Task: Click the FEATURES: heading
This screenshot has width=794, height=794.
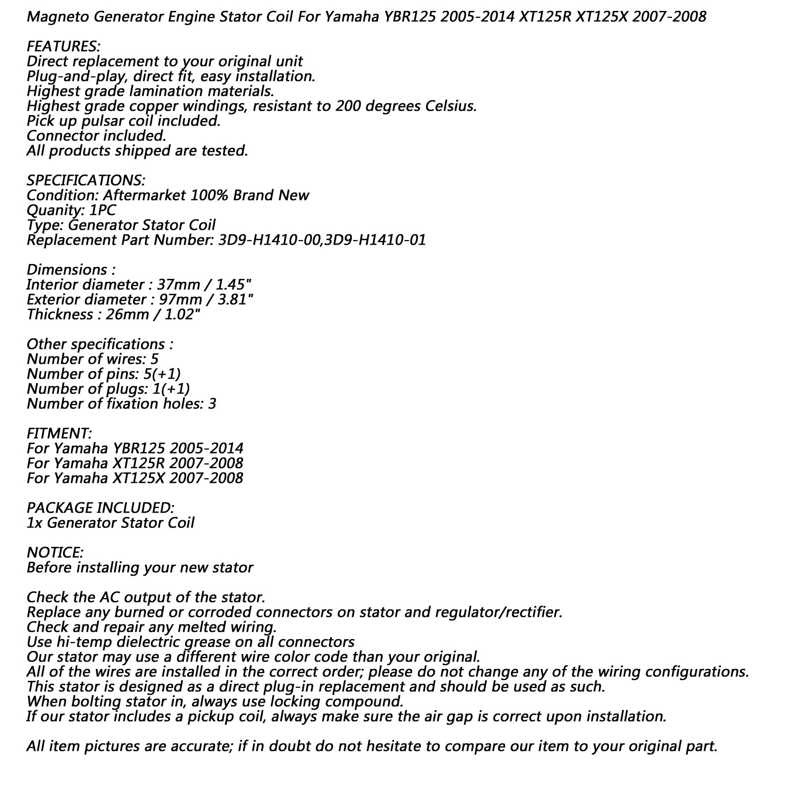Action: tap(63, 47)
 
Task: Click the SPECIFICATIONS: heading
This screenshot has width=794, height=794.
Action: tap(86, 181)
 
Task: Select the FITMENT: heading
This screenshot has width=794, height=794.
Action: tap(59, 434)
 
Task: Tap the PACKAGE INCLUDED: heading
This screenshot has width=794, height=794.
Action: tap(100, 508)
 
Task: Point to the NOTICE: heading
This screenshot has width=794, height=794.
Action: tap(55, 553)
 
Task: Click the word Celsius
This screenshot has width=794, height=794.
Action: tap(449, 106)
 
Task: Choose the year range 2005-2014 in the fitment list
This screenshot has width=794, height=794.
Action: tap(206, 449)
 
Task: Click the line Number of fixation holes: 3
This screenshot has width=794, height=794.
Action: tap(122, 404)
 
